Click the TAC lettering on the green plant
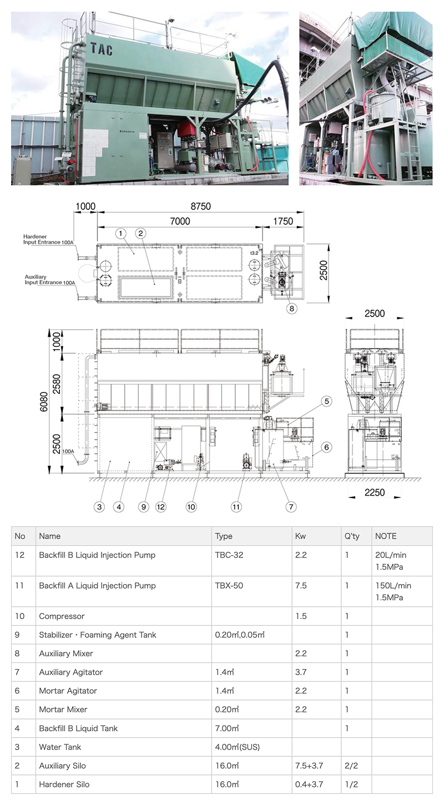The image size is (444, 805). coord(102,49)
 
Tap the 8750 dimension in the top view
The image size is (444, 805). coord(200,207)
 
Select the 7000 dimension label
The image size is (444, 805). coord(180,221)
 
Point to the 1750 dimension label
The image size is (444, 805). coord(283,221)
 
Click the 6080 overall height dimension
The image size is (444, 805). coord(43,401)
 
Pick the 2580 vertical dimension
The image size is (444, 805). coord(57,384)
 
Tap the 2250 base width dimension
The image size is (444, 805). coord(375,492)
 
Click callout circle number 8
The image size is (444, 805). coord(292,308)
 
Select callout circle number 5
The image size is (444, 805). coord(326,401)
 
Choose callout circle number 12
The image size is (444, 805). coord(160,507)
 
